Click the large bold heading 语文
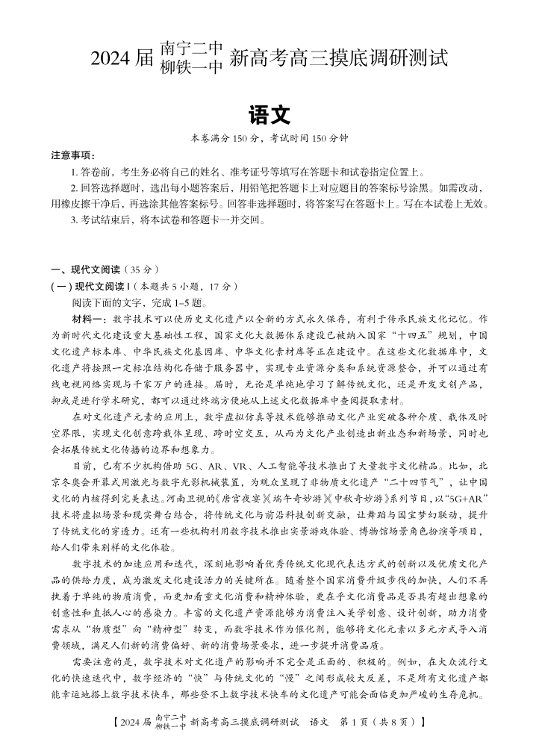[269, 114]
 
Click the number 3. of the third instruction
[75, 220]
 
